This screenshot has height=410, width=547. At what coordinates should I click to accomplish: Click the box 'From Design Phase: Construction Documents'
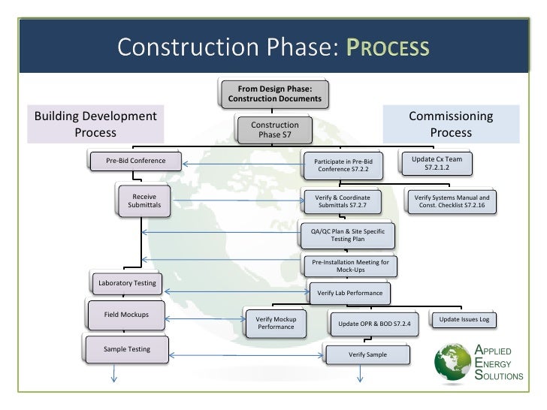tap(273, 93)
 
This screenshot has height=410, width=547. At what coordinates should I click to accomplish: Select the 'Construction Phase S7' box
tap(274, 130)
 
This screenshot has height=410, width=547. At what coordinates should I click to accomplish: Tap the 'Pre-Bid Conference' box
tap(137, 161)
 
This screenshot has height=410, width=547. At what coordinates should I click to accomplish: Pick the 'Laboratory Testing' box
tap(127, 283)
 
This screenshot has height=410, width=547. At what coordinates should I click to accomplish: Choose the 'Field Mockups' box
tap(126, 314)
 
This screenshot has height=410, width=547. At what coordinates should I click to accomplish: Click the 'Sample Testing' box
tap(127, 349)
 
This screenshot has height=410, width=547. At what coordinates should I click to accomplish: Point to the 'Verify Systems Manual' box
tap(449, 201)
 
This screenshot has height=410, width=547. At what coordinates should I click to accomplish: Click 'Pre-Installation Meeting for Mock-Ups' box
tap(350, 266)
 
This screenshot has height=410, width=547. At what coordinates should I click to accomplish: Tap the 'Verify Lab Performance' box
tap(351, 293)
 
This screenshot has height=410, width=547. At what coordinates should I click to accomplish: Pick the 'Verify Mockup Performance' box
tap(277, 324)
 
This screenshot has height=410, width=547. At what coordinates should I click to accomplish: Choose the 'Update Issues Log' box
tap(464, 320)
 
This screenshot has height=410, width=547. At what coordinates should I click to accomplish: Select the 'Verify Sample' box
tap(367, 354)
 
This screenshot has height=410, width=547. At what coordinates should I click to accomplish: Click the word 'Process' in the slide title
tap(387, 49)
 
